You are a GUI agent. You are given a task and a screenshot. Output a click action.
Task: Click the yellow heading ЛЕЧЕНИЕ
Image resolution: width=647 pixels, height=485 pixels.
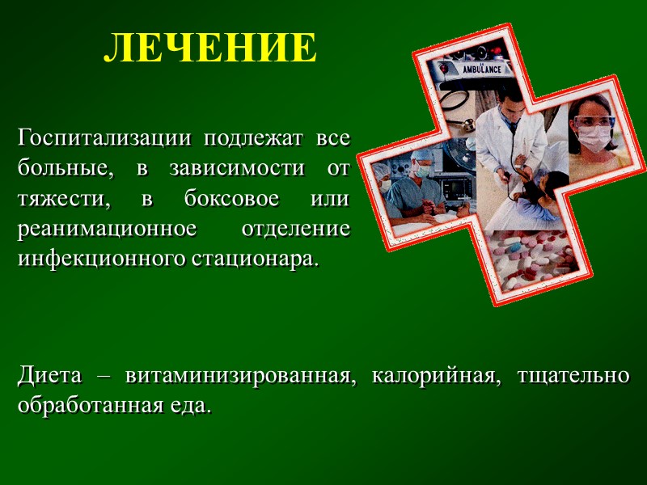(210, 49)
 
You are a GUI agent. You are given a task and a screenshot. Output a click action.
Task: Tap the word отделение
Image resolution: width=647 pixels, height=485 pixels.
(296, 229)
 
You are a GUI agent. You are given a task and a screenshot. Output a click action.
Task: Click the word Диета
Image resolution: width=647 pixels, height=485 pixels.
(50, 375)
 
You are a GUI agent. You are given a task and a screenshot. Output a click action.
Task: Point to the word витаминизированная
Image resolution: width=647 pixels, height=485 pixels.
(240, 375)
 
